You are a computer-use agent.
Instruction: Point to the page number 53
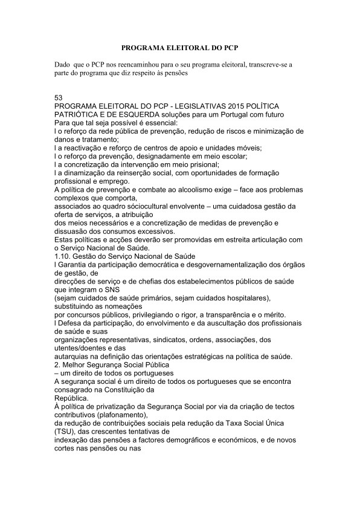59,98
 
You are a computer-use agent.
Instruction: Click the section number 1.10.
63,256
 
